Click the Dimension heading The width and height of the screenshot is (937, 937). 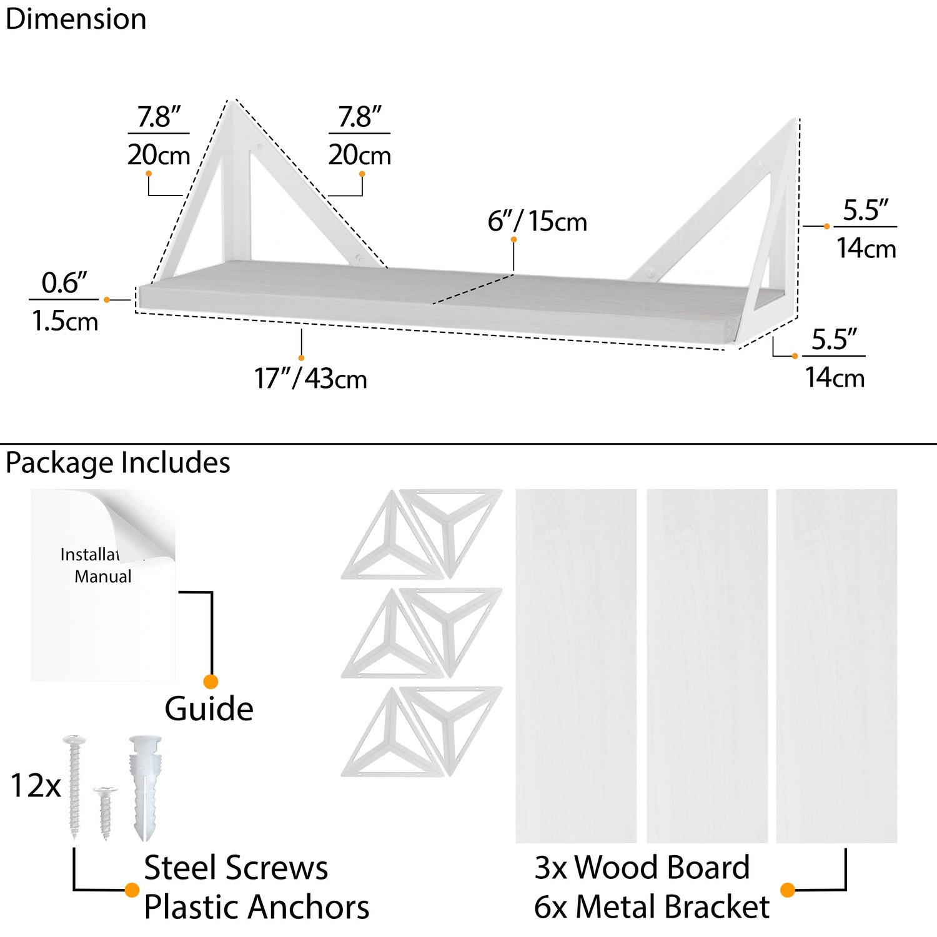[x=76, y=19]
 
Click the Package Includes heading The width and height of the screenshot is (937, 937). [x=117, y=463]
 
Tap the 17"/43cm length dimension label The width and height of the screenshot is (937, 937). [x=310, y=379]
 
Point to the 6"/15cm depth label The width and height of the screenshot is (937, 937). [x=537, y=222]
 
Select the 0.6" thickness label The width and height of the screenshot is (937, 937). [x=64, y=283]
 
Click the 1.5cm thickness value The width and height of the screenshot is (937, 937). [x=65, y=322]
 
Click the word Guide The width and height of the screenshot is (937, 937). [x=209, y=708]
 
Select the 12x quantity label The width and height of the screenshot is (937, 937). [x=36, y=786]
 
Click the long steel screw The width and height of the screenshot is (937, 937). [x=74, y=787]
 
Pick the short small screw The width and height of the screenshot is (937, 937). [x=105, y=812]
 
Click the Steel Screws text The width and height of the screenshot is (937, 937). [x=235, y=868]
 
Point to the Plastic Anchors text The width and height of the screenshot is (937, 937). [x=256, y=907]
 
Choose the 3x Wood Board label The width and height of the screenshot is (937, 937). [x=642, y=868]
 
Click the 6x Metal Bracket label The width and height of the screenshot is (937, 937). [x=652, y=907]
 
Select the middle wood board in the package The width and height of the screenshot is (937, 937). [x=707, y=666]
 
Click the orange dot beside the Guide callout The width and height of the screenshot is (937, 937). [x=211, y=682]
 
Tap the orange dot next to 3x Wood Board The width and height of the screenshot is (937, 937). [x=788, y=890]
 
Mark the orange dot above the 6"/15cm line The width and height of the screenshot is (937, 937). [x=513, y=240]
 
